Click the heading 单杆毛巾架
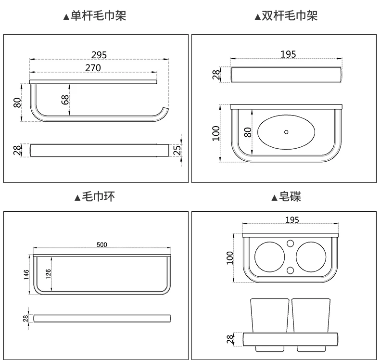(98, 16)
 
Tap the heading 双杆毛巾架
(290, 16)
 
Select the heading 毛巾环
(98, 197)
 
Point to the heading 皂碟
(290, 197)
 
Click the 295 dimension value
(99, 55)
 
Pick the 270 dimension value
(93, 68)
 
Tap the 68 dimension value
(65, 100)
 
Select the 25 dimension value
(177, 150)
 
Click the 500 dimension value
(102, 244)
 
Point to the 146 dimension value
(26, 274)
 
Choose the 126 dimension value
(48, 274)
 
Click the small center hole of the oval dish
(286, 132)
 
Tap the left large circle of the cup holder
(269, 257)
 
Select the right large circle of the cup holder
(311, 257)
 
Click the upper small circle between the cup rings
(290, 244)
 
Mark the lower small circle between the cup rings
(290, 270)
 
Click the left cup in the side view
(270, 315)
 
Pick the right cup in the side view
(311, 315)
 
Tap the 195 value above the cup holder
(292, 219)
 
